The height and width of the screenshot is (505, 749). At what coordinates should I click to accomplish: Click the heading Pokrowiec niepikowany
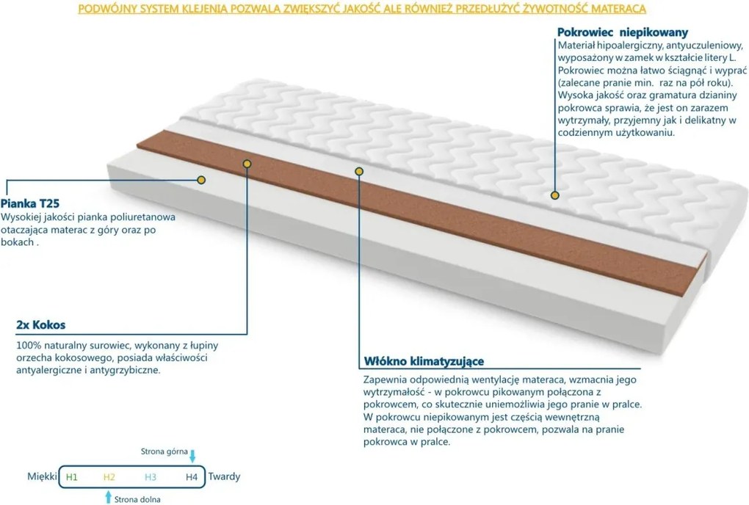623,32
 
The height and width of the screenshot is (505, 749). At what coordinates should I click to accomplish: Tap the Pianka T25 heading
30,203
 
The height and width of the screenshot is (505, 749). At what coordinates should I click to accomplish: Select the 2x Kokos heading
40,325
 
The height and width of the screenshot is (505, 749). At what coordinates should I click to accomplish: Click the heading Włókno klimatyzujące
424,361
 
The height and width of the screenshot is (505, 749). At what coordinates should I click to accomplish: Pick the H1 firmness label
72,477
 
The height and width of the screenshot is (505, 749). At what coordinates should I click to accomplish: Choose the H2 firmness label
109,477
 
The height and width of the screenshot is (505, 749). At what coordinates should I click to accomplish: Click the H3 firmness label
151,477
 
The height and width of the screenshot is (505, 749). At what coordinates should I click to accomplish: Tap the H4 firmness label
192,477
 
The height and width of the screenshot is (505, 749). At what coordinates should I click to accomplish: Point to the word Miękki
42,476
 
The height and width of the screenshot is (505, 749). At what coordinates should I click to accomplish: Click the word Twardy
224,476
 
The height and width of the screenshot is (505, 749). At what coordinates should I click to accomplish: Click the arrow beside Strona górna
192,456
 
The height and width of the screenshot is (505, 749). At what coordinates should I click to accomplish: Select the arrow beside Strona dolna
109,496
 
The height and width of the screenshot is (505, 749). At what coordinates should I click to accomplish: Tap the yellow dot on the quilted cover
554,195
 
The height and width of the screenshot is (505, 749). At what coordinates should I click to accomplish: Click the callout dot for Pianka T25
201,180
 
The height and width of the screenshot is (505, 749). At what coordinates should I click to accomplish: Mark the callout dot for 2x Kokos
247,164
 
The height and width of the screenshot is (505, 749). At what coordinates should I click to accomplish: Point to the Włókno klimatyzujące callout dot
359,171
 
